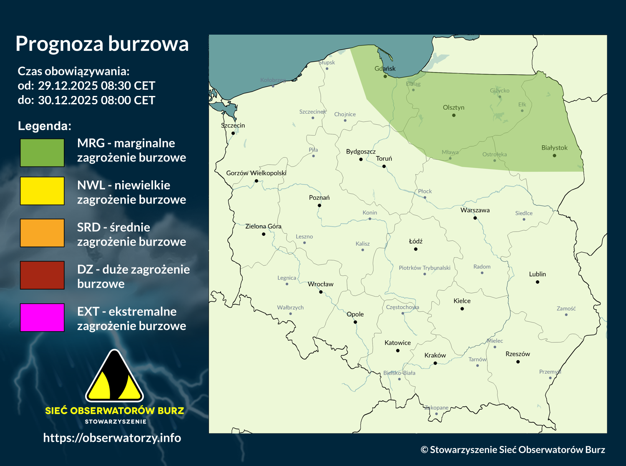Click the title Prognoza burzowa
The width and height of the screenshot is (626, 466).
pos(102,44)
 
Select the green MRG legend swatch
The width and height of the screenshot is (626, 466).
pos(42,153)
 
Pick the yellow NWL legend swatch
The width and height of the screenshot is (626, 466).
pos(42,191)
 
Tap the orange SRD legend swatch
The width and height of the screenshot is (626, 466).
pos(42,233)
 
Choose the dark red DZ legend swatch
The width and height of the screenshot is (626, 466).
pos(42,275)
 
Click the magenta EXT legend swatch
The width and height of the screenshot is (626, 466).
pos(42,317)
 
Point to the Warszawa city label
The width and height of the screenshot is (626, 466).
pos(475,210)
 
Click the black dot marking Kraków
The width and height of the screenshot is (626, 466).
pos(435,363)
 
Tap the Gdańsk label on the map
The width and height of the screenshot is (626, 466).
pos(385,68)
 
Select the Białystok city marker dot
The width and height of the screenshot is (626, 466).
pos(554,156)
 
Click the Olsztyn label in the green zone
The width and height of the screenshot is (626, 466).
pos(453,108)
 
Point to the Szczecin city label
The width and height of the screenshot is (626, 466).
pos(233,126)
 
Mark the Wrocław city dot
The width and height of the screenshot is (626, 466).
pos(321,292)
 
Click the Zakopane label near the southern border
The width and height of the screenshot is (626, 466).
pos(436,408)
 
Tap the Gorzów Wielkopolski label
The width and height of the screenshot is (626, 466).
pos(256,173)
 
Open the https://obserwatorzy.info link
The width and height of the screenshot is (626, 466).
pos(112,438)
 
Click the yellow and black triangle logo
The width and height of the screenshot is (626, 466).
pos(114,377)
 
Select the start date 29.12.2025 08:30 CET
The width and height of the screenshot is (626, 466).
pos(96,86)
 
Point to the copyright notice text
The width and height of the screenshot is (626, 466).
pos(513,450)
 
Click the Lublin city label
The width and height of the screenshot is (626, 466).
pos(537,274)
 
